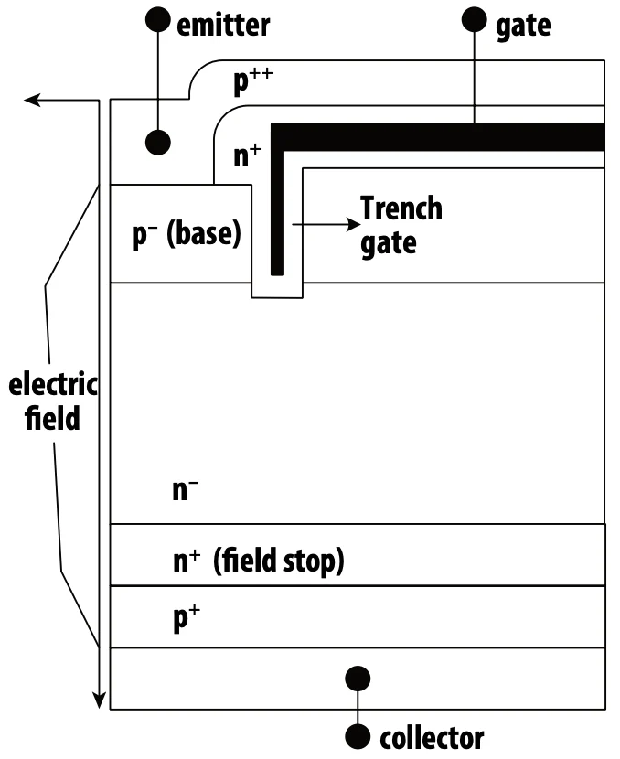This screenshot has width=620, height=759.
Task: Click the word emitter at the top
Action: click(223, 26)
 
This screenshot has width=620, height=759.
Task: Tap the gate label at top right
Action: click(523, 27)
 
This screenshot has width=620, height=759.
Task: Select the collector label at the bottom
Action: click(432, 738)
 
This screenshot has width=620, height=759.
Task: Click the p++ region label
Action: click(252, 80)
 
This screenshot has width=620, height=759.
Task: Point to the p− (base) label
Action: click(187, 234)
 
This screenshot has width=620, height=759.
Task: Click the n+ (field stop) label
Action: click(259, 561)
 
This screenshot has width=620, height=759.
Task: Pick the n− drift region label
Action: click(186, 490)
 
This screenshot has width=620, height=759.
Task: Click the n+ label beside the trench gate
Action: click(247, 155)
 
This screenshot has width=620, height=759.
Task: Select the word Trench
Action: click(401, 208)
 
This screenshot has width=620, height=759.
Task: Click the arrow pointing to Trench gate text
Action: click(326, 225)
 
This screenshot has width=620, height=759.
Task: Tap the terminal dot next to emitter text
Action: click(158, 20)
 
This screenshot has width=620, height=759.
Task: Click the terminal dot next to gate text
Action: click(475, 20)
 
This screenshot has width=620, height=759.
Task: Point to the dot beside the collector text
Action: click(358, 737)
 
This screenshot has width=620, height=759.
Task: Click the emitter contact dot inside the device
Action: click(158, 143)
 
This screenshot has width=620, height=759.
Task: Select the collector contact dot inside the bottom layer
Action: click(358, 679)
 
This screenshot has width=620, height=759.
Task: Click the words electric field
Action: click(53, 401)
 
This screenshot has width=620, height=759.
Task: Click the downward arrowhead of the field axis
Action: click(100, 700)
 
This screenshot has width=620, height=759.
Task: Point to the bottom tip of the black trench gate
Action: click(277, 275)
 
